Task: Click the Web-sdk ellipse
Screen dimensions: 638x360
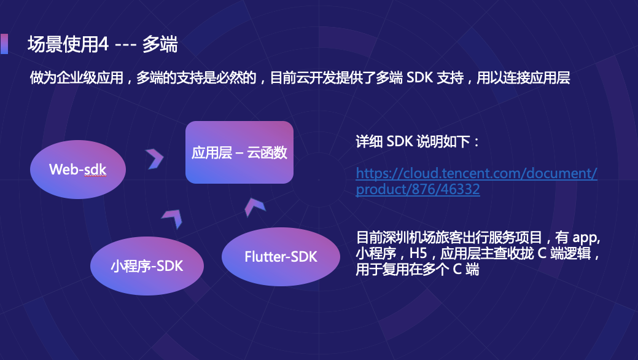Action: pyautogui.click(x=78, y=169)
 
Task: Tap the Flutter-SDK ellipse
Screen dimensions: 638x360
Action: pyautogui.click(x=281, y=256)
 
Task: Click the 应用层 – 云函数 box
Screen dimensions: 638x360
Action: pyautogui.click(x=239, y=152)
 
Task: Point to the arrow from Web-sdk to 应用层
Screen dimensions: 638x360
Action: pyautogui.click(x=154, y=158)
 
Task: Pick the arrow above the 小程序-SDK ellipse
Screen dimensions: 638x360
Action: pyautogui.click(x=172, y=218)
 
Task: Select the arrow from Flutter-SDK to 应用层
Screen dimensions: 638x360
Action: pyautogui.click(x=254, y=206)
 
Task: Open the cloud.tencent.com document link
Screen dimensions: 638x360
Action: pyautogui.click(x=477, y=181)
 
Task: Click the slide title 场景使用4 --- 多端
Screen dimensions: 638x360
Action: pyautogui.click(x=103, y=44)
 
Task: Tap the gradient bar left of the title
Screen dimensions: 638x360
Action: pyautogui.click(x=4, y=44)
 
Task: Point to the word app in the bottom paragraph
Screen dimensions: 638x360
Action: pyautogui.click(x=586, y=237)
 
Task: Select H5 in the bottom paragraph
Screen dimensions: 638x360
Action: pyautogui.click(x=419, y=253)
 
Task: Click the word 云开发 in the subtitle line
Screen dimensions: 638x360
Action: pyautogui.click(x=314, y=78)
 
